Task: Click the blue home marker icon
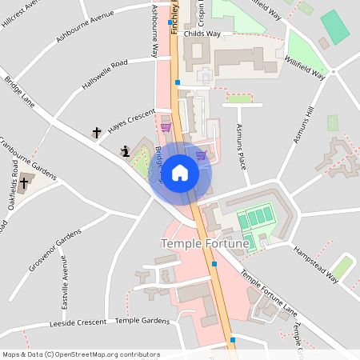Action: [x=180, y=172]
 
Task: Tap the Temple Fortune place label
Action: [x=205, y=242]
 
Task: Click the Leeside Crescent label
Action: [x=78, y=322]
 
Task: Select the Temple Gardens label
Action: [x=142, y=321]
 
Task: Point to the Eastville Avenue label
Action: [x=65, y=284]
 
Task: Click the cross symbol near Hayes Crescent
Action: [x=98, y=132]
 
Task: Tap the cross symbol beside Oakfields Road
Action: [x=25, y=182]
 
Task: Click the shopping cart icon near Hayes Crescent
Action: [x=166, y=127]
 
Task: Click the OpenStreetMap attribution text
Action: [x=81, y=354]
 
